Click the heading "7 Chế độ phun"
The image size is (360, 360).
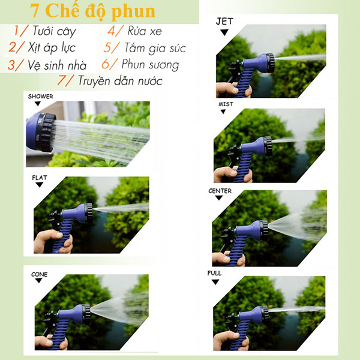(x=93, y=11)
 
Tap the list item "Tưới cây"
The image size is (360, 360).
(x=54, y=31)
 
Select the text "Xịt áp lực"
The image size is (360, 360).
(x=52, y=48)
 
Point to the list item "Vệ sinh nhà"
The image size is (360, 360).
(x=57, y=65)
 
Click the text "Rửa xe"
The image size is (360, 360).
(x=145, y=31)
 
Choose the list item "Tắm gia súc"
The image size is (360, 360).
(x=155, y=48)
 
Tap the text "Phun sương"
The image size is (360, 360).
(x=150, y=65)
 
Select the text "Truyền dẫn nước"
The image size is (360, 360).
(x=120, y=80)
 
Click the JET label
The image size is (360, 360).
(x=224, y=22)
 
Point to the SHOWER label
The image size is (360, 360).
(x=40, y=97)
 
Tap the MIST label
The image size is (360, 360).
(x=226, y=104)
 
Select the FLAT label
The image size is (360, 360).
(x=40, y=178)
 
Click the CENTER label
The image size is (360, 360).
(x=220, y=191)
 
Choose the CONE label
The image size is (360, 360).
(x=39, y=274)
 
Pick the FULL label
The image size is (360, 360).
(x=214, y=273)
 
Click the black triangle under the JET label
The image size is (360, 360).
(x=224, y=32)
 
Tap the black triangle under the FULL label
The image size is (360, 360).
(x=215, y=282)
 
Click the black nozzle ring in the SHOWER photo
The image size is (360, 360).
(x=46, y=133)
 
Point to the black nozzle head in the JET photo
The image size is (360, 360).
(x=269, y=62)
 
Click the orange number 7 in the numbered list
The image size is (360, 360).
(x=62, y=80)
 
